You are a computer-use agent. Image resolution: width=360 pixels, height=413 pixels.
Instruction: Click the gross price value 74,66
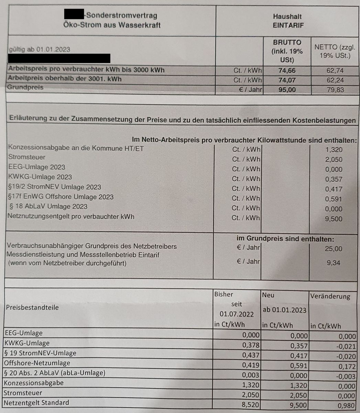click(x=287, y=71)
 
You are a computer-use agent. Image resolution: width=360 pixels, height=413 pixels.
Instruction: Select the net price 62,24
click(x=335, y=80)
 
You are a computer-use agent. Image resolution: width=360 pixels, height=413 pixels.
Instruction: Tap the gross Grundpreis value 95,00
click(x=287, y=90)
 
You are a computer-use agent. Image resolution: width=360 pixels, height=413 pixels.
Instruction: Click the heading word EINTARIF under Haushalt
click(x=288, y=25)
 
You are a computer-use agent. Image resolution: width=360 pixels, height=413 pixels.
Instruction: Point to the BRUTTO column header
click(x=287, y=42)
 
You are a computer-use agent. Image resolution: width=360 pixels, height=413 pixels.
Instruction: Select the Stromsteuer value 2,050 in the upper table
click(x=334, y=159)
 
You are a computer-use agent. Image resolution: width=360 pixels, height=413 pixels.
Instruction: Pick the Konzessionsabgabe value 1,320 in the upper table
click(x=334, y=150)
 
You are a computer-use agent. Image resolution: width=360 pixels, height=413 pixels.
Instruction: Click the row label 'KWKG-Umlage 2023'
click(x=40, y=177)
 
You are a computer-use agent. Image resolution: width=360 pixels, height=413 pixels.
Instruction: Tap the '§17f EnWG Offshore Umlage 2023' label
click(x=61, y=197)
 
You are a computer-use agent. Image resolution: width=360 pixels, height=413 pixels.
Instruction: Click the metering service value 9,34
click(x=334, y=263)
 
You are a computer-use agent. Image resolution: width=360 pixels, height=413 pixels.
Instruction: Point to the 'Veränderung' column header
click(x=330, y=296)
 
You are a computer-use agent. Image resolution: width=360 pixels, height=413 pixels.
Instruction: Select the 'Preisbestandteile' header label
click(x=32, y=307)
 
